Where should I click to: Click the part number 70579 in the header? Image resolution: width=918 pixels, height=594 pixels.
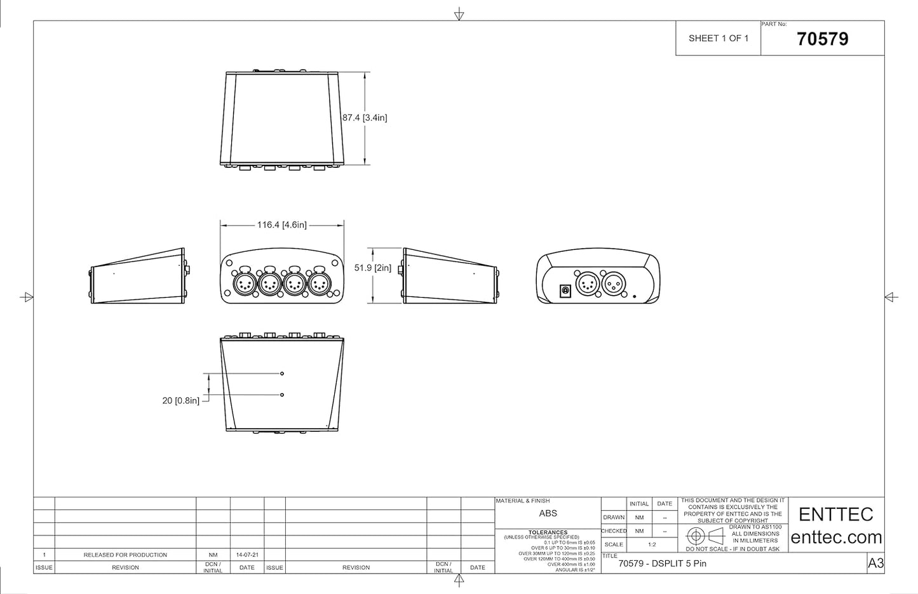point(822,39)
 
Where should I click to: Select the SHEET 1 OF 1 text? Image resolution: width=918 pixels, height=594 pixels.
point(719,38)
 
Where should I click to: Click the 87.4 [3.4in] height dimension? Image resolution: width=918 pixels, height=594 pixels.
point(364,118)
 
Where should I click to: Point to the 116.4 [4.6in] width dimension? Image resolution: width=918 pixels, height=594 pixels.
point(281,224)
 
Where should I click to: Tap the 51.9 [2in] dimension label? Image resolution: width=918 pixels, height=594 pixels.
point(372,268)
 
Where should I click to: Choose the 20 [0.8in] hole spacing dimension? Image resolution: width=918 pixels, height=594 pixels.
point(180,401)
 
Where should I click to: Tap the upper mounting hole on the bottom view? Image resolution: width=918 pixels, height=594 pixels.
point(282,373)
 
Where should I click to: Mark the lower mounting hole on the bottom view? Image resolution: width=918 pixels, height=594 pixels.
point(282,395)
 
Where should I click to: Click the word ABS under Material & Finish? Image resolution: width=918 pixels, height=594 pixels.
point(548,513)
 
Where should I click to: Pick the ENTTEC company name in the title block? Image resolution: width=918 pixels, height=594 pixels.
point(835,514)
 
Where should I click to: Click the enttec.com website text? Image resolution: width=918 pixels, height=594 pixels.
point(836,537)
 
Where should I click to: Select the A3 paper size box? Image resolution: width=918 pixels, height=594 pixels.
point(875,563)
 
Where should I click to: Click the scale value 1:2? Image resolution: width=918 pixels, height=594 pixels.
point(652,544)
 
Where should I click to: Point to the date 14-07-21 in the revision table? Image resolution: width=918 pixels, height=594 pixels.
point(246,555)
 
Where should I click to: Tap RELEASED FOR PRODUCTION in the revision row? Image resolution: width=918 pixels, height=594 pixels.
point(125,555)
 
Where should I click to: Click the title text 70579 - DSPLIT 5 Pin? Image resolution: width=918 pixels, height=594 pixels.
point(662,563)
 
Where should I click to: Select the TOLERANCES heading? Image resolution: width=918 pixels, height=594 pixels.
point(548,532)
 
